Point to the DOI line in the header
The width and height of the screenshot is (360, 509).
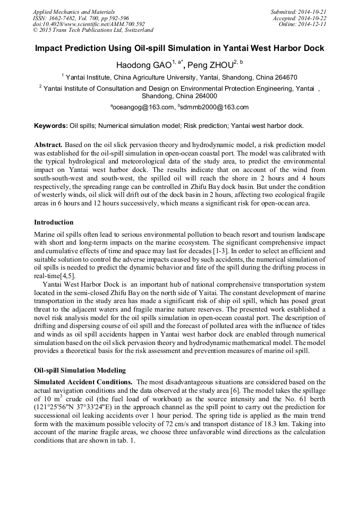(89, 24)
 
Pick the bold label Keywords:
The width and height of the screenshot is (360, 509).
(51, 126)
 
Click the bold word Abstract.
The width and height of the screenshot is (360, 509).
(49, 144)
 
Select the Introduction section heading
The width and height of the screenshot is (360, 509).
(54, 222)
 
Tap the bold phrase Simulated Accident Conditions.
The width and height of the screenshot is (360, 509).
(83, 382)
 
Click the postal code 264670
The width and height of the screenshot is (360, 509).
(285, 77)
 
